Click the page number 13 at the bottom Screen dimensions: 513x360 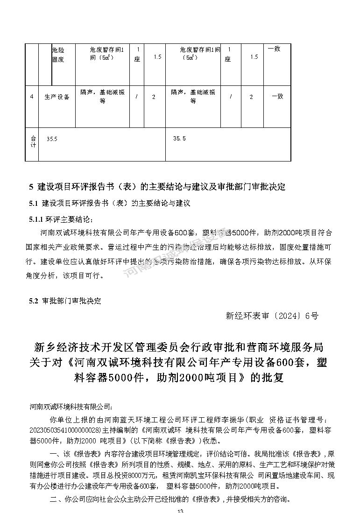click(180, 511)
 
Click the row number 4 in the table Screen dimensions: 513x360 click(31, 97)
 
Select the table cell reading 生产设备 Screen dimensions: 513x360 click(57, 97)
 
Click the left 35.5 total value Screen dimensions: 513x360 click(52, 139)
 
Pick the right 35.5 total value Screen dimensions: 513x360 click(179, 139)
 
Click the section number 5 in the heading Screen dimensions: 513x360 click(31, 187)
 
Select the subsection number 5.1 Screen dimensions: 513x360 click(33, 204)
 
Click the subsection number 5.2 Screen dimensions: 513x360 click(33, 301)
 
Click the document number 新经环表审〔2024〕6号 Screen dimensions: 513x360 click(272, 316)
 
